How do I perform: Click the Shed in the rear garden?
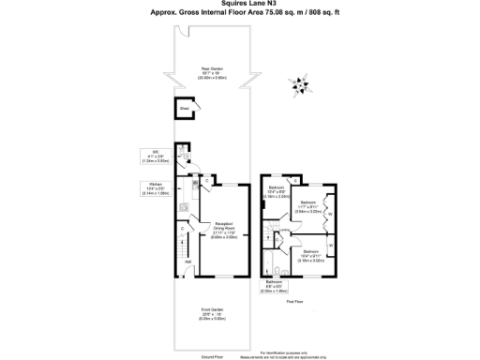click(x=186, y=109)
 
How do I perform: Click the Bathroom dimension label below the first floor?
click(x=273, y=287)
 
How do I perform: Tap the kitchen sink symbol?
click(x=186, y=206)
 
